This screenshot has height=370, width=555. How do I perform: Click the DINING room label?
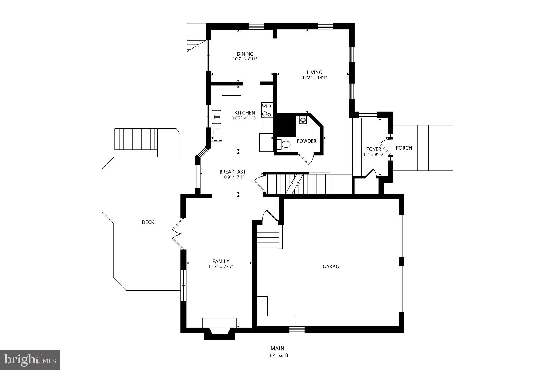pyautogui.click(x=245, y=54)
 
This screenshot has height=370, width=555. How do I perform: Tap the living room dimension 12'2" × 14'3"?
pyautogui.click(x=314, y=78)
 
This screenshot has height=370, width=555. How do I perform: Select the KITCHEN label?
pyautogui.click(x=244, y=113)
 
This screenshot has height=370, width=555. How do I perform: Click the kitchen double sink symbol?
pyautogui.click(x=217, y=117)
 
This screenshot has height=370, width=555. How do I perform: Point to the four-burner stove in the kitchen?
pyautogui.click(x=267, y=110)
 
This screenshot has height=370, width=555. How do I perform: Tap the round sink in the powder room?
pyautogui.click(x=303, y=120)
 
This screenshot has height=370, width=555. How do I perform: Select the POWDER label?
pyautogui.click(x=306, y=141)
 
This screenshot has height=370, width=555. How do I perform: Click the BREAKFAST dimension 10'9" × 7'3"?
pyautogui.click(x=233, y=177)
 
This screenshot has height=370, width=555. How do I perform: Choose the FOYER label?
pyautogui.click(x=373, y=149)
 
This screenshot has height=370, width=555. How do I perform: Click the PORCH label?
pyautogui.click(x=404, y=148)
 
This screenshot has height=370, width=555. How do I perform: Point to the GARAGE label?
pyautogui.click(x=332, y=266)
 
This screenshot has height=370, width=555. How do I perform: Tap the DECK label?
pyautogui.click(x=148, y=222)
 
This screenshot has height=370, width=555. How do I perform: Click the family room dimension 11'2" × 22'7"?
pyautogui.click(x=221, y=266)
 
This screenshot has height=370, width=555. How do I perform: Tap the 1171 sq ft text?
pyautogui.click(x=277, y=356)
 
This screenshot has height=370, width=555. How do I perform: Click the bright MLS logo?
pyautogui.click(x=30, y=360)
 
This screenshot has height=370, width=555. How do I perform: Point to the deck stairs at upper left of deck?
pyautogui.click(x=136, y=139)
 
